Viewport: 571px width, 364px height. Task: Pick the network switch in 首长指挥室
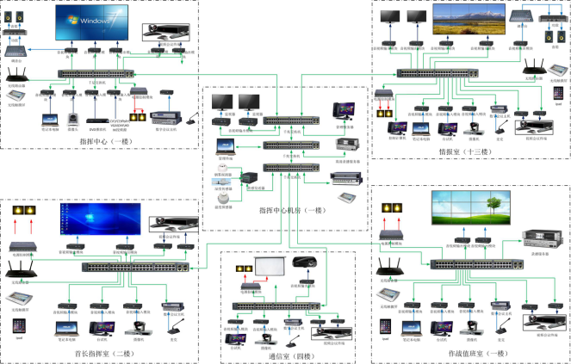[x=126, y=267]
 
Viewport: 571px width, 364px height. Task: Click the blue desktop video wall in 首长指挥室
[x=99, y=220]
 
